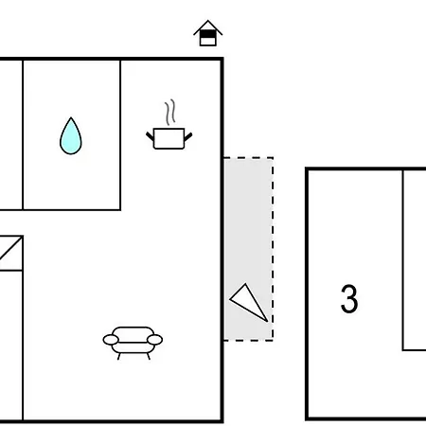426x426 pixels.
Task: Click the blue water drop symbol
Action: (71, 136)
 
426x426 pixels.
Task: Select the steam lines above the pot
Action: (169, 113)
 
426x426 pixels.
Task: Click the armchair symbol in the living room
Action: (133, 343)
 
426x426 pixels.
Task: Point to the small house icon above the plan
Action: (208, 33)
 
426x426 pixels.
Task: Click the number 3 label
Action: (349, 298)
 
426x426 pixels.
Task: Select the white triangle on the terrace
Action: (248, 301)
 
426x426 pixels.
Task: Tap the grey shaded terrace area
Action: (248, 249)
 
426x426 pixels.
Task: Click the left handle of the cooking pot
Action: (150, 137)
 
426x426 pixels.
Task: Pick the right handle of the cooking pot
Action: (188, 137)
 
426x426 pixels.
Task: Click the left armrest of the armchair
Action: (111, 340)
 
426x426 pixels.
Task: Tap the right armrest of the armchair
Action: (155, 340)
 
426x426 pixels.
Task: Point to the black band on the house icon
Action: (208, 34)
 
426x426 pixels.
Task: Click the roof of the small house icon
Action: (208, 26)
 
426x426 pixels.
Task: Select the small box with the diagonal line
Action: (11, 253)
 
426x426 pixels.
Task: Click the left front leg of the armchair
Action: (119, 356)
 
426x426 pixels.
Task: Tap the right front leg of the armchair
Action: (148, 356)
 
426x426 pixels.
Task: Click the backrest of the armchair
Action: (133, 332)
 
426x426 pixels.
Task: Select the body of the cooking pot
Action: (169, 138)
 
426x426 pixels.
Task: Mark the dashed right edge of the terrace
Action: (273, 249)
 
